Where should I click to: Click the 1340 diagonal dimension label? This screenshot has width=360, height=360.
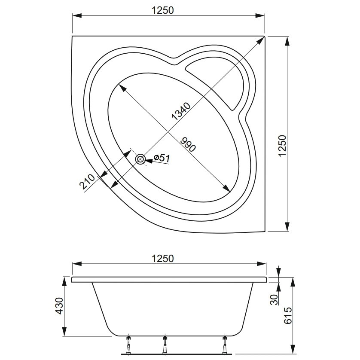click(x=181, y=111)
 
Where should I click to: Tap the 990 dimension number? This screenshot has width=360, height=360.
click(x=188, y=145)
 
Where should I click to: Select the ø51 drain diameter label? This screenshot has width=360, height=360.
click(x=162, y=158)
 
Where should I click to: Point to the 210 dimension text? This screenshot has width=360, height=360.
click(x=87, y=182)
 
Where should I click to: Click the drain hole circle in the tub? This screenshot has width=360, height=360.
click(x=140, y=159)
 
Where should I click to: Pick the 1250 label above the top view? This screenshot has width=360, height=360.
click(x=163, y=10)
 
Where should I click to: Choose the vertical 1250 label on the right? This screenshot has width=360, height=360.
click(x=282, y=146)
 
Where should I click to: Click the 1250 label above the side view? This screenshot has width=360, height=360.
click(x=163, y=259)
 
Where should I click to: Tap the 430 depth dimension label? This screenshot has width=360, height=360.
click(x=60, y=306)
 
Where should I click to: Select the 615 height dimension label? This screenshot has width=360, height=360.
click(x=288, y=315)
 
